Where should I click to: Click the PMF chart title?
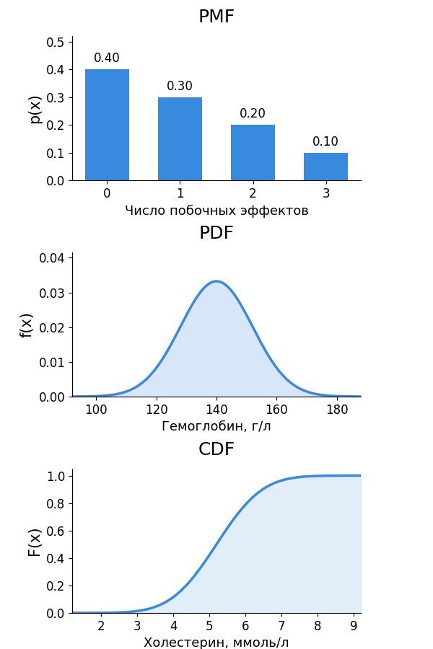216,17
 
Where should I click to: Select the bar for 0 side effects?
107,125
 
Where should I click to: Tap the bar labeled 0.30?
180,139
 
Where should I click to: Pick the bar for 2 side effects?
253,153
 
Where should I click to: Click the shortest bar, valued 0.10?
325,167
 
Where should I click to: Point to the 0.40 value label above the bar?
107,58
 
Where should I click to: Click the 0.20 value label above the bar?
253,113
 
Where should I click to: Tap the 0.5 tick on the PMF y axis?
55,43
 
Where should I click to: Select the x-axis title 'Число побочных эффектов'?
216,211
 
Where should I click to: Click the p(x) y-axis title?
36,110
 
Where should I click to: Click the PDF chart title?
216,233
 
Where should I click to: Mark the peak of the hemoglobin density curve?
216,281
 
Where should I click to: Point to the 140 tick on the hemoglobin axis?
216,410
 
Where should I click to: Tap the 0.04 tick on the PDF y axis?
52,258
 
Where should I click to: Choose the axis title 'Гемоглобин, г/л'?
216,426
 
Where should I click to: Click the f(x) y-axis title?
26,326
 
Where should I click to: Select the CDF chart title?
216,449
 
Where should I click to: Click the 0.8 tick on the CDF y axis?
55,504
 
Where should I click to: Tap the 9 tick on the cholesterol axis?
354,626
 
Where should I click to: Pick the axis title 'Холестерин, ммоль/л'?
216,643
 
